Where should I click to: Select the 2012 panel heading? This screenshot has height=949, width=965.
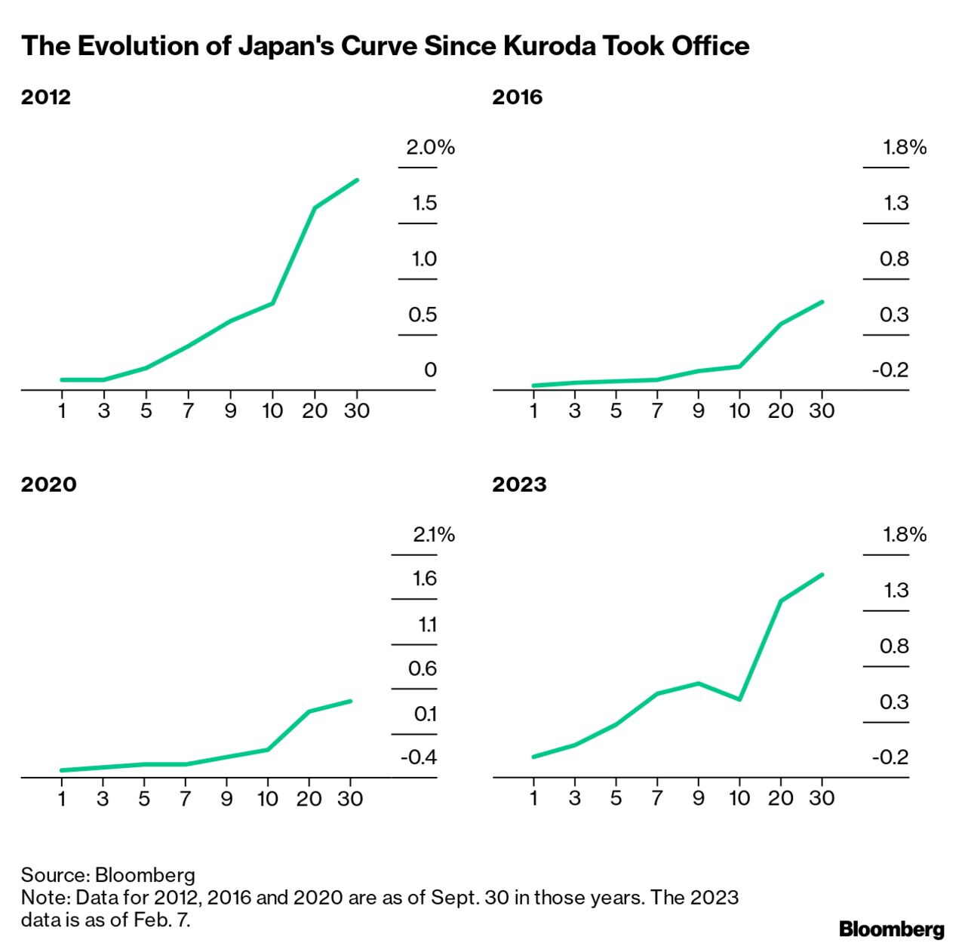tap(46, 97)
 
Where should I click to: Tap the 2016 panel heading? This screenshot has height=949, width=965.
tap(518, 97)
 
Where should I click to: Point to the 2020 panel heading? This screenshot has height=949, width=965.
tap(49, 484)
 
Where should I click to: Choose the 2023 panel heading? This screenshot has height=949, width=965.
tap(519, 484)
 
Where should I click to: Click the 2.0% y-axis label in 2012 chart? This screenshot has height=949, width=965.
tap(430, 147)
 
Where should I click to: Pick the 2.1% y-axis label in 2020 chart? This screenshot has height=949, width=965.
tap(434, 535)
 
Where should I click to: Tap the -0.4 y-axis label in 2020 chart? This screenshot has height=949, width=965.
tap(419, 757)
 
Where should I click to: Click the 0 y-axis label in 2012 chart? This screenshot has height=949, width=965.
tap(430, 370)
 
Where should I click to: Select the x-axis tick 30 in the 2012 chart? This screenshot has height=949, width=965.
tap(356, 410)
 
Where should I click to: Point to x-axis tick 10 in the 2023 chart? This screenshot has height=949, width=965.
tap(739, 798)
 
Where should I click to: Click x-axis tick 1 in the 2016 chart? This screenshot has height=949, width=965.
tap(534, 410)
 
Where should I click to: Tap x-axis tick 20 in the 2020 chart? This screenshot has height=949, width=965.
tap(309, 798)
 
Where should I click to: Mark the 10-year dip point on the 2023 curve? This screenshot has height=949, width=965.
tap(739, 699)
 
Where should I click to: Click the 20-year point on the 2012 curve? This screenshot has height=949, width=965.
tap(315, 207)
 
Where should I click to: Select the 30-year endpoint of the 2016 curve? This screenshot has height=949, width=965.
tap(822, 302)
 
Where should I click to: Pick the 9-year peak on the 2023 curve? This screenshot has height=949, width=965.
tap(699, 683)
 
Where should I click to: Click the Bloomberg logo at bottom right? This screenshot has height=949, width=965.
tap(891, 928)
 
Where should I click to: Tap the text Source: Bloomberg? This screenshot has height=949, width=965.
tap(108, 875)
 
